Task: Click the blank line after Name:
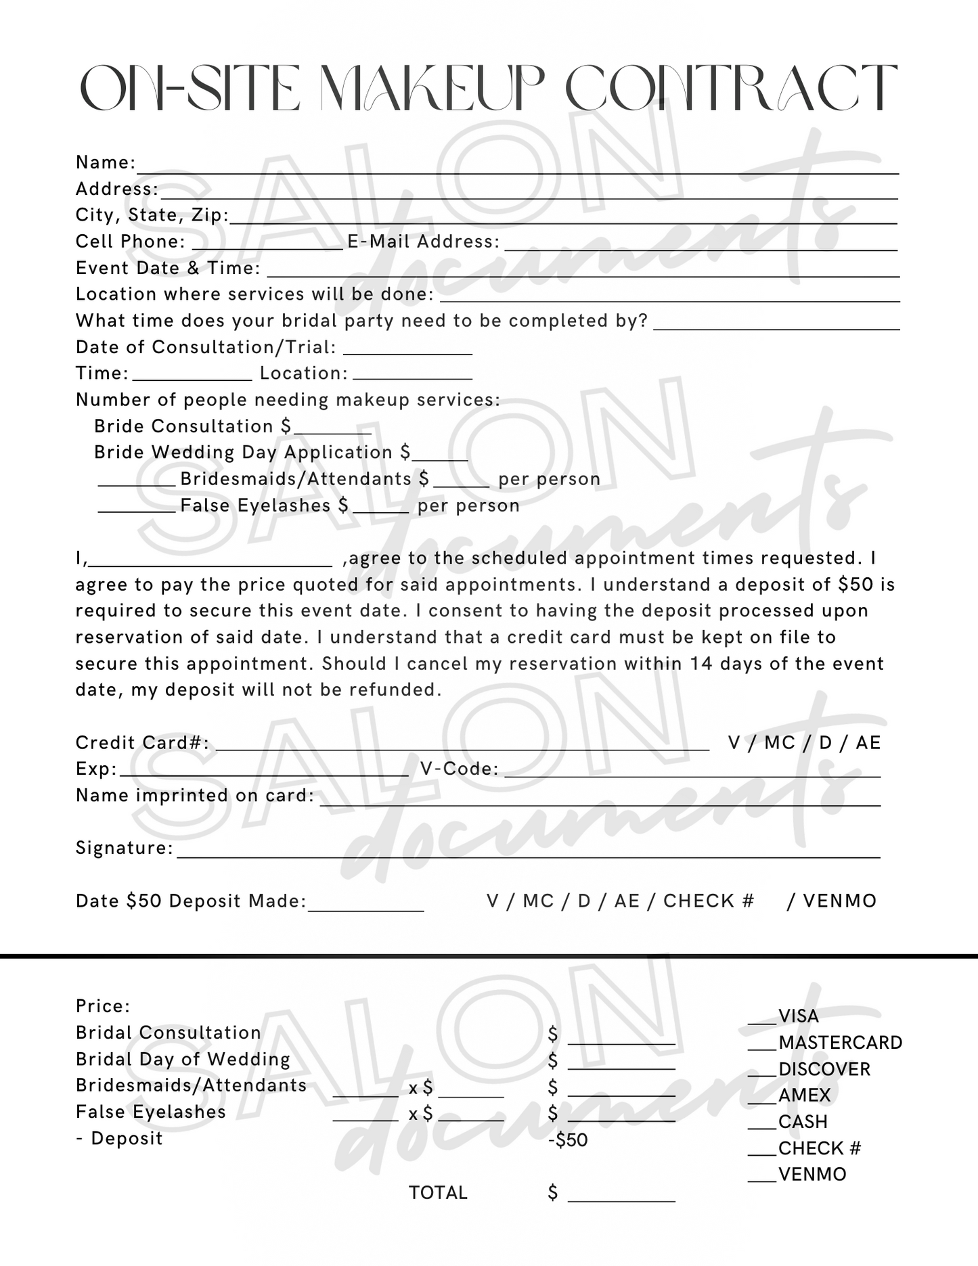point(517,169)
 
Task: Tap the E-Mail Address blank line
point(701,247)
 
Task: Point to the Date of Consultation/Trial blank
point(407,352)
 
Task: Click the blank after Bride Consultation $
point(332,431)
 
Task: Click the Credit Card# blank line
point(462,748)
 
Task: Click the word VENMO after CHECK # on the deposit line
point(839,901)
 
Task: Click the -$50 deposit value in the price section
point(568,1140)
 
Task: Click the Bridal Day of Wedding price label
point(183,1059)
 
